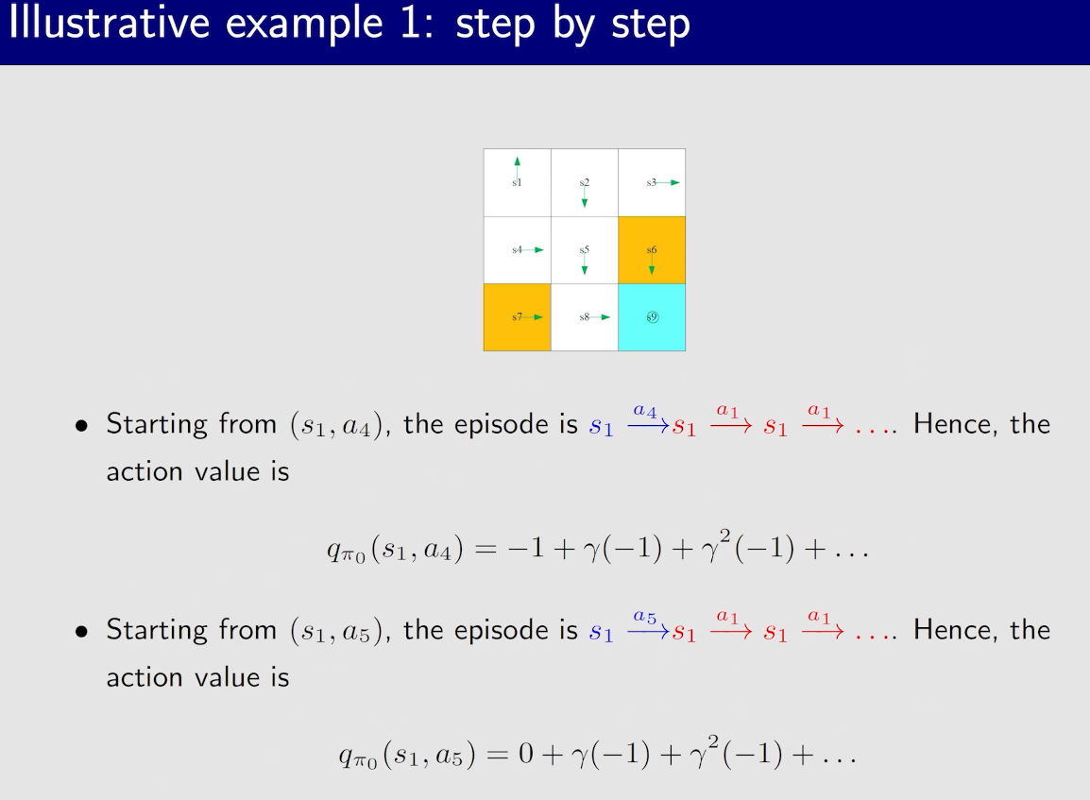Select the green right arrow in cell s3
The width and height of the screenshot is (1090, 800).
(668, 183)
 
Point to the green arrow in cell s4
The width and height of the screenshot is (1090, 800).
(533, 250)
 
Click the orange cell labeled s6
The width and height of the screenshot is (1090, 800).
(652, 250)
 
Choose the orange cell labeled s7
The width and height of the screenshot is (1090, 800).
(518, 317)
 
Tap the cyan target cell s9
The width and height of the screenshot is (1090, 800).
(652, 317)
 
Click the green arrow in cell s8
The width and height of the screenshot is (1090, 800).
(600, 317)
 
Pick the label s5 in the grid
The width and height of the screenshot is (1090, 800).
(585, 249)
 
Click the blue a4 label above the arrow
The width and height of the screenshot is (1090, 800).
(645, 412)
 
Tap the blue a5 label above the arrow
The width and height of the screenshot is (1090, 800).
(645, 617)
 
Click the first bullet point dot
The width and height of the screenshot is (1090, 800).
(82, 425)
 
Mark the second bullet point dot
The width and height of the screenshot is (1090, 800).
(82, 631)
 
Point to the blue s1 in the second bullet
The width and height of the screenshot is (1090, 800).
(602, 633)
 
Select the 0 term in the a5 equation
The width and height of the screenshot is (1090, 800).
(526, 754)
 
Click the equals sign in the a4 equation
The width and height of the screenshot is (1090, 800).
(485, 549)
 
